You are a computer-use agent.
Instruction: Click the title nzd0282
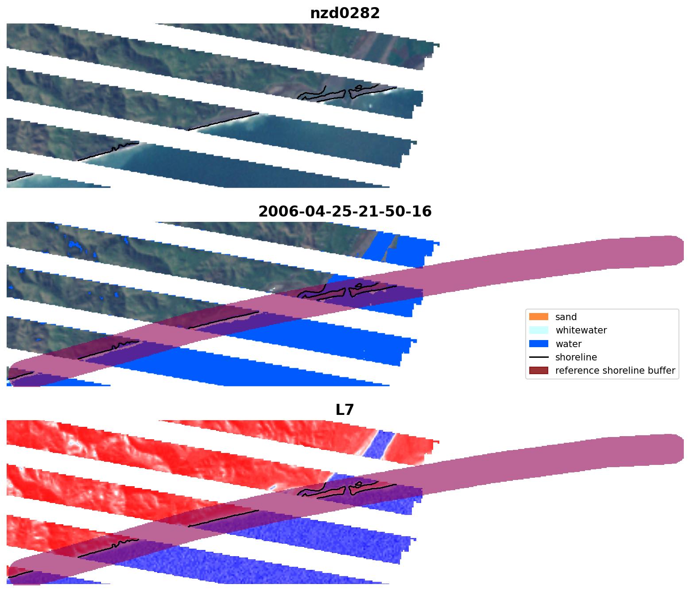[x=345, y=13]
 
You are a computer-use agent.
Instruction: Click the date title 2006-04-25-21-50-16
[x=345, y=212]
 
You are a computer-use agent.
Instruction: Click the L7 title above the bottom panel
[x=345, y=410]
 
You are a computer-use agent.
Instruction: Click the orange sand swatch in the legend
[x=538, y=317]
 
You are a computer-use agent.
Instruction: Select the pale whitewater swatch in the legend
[x=538, y=330]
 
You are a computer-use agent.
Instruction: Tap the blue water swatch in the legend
[x=538, y=344]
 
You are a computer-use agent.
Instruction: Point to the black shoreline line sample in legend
[x=538, y=357]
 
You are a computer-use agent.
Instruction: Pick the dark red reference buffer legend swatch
[x=538, y=371]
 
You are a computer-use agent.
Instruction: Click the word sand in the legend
[x=566, y=317]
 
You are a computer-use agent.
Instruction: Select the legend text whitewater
[x=581, y=330]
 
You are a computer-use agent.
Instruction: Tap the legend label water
[x=568, y=344]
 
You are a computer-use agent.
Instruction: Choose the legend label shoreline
[x=576, y=357]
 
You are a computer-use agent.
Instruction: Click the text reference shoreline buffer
[x=615, y=371]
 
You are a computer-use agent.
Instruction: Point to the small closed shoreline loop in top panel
[x=359, y=87]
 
